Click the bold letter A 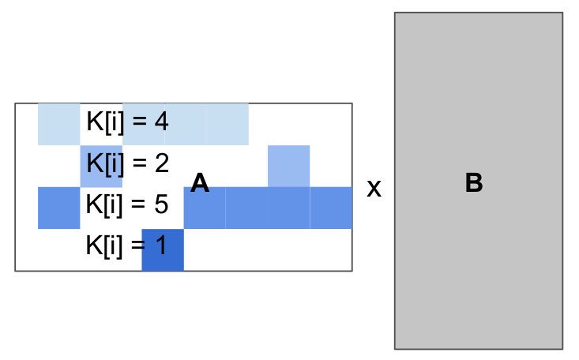tap(200, 184)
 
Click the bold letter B tap(474, 183)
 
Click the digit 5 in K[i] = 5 tap(161, 205)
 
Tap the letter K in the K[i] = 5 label tap(93, 205)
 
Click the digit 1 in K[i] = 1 tap(161, 246)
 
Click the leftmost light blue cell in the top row tap(59, 124)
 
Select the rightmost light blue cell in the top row tap(227, 124)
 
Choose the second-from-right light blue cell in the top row tap(186, 124)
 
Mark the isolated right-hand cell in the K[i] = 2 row tap(288, 166)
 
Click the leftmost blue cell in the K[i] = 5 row tap(59, 208)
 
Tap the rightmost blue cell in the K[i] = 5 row tap(330, 208)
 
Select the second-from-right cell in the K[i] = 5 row tap(288, 208)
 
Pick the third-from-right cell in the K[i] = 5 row tap(246, 208)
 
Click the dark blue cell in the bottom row tap(164, 249)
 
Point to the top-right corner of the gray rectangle tap(562, 13)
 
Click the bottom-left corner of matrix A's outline tap(16, 270)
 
